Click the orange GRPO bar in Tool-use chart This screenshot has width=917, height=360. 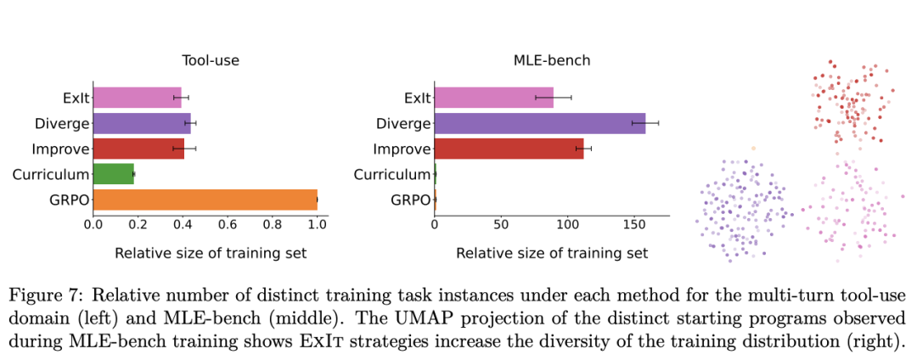pyautogui.click(x=204, y=200)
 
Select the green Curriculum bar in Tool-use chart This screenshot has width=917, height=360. pyautogui.click(x=113, y=175)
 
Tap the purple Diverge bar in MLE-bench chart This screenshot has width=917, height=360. pyautogui.click(x=539, y=124)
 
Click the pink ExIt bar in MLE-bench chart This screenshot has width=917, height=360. pyautogui.click(x=492, y=98)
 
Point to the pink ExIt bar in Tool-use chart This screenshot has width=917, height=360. pyautogui.click(x=137, y=98)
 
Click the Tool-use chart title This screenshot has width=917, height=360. pyautogui.click(x=210, y=61)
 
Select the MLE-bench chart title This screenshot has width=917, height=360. pyautogui.click(x=551, y=61)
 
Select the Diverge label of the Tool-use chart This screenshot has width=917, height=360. pyautogui.click(x=62, y=124)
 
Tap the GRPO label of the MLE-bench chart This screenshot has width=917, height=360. pyautogui.click(x=411, y=200)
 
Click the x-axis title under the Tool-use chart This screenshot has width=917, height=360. pyautogui.click(x=210, y=253)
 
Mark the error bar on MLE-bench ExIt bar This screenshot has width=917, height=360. pyautogui.click(x=553, y=98)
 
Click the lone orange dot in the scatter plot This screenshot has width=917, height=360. pyautogui.click(x=753, y=148)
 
